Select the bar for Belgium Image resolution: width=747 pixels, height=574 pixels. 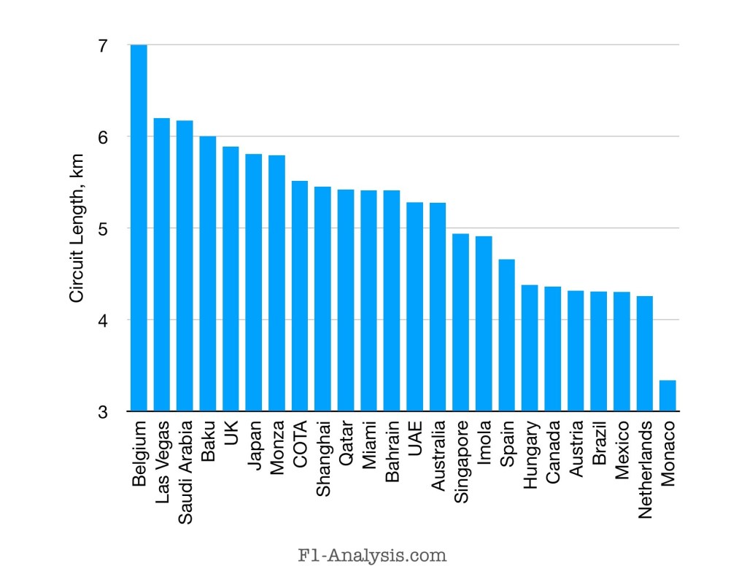tap(139, 228)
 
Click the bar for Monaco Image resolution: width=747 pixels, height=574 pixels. tap(667, 396)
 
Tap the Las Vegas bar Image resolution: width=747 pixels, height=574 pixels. tap(161, 265)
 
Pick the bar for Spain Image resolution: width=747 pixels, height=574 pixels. tap(506, 336)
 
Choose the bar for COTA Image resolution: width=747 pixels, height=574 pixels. tap(300, 296)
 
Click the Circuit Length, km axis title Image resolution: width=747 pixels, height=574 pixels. tap(77, 228)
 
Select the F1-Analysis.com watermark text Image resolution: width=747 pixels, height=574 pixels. tap(373, 555)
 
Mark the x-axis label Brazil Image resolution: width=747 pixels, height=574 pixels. tap(599, 441)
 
